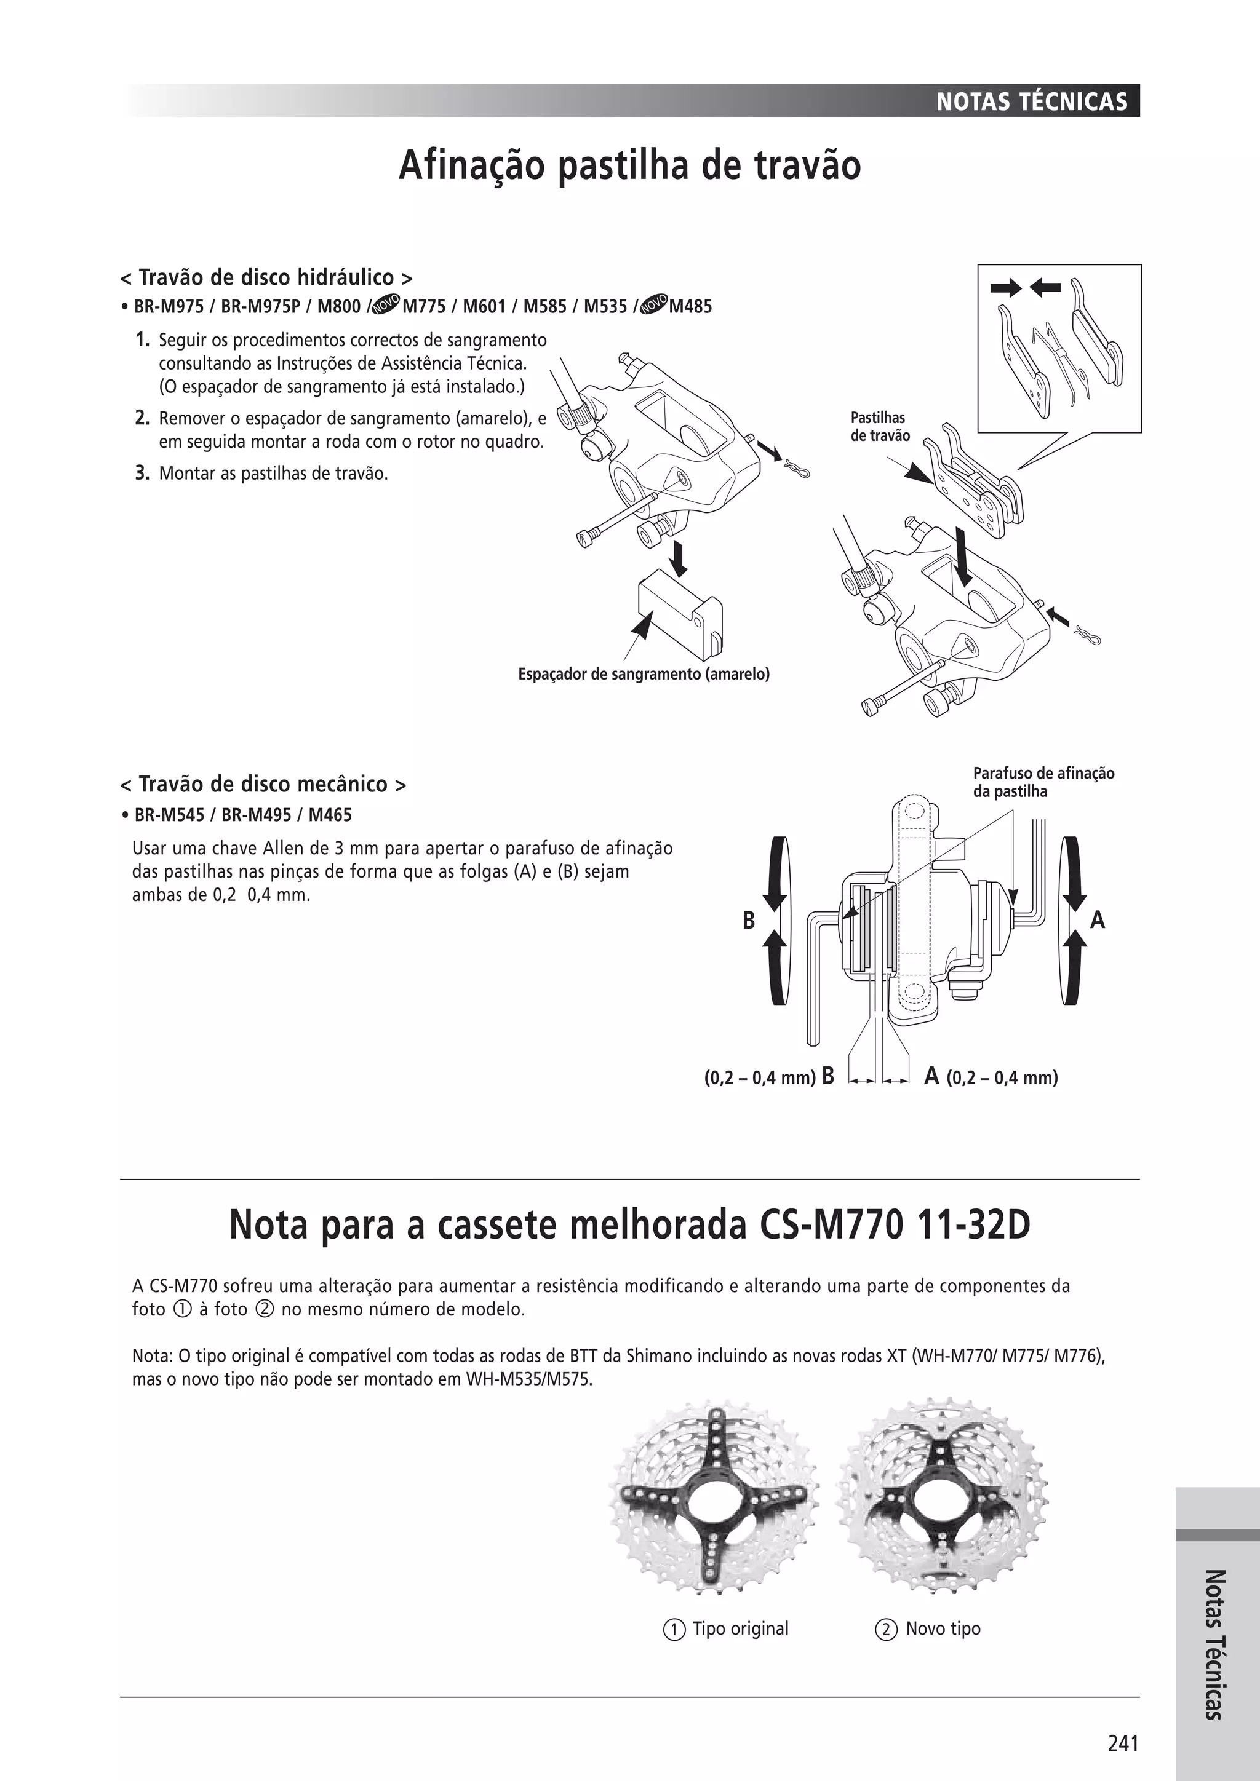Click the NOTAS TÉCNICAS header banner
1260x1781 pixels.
[x=1031, y=101]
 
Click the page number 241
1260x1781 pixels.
[x=1123, y=1743]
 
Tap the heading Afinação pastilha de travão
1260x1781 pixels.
[x=629, y=166]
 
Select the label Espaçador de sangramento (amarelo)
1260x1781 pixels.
[x=643, y=674]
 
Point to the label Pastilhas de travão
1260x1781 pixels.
[x=879, y=427]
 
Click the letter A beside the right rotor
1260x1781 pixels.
[x=1097, y=921]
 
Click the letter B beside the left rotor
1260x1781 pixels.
[x=748, y=921]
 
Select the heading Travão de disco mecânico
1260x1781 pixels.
[x=263, y=784]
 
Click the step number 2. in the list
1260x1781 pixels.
[x=142, y=419]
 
